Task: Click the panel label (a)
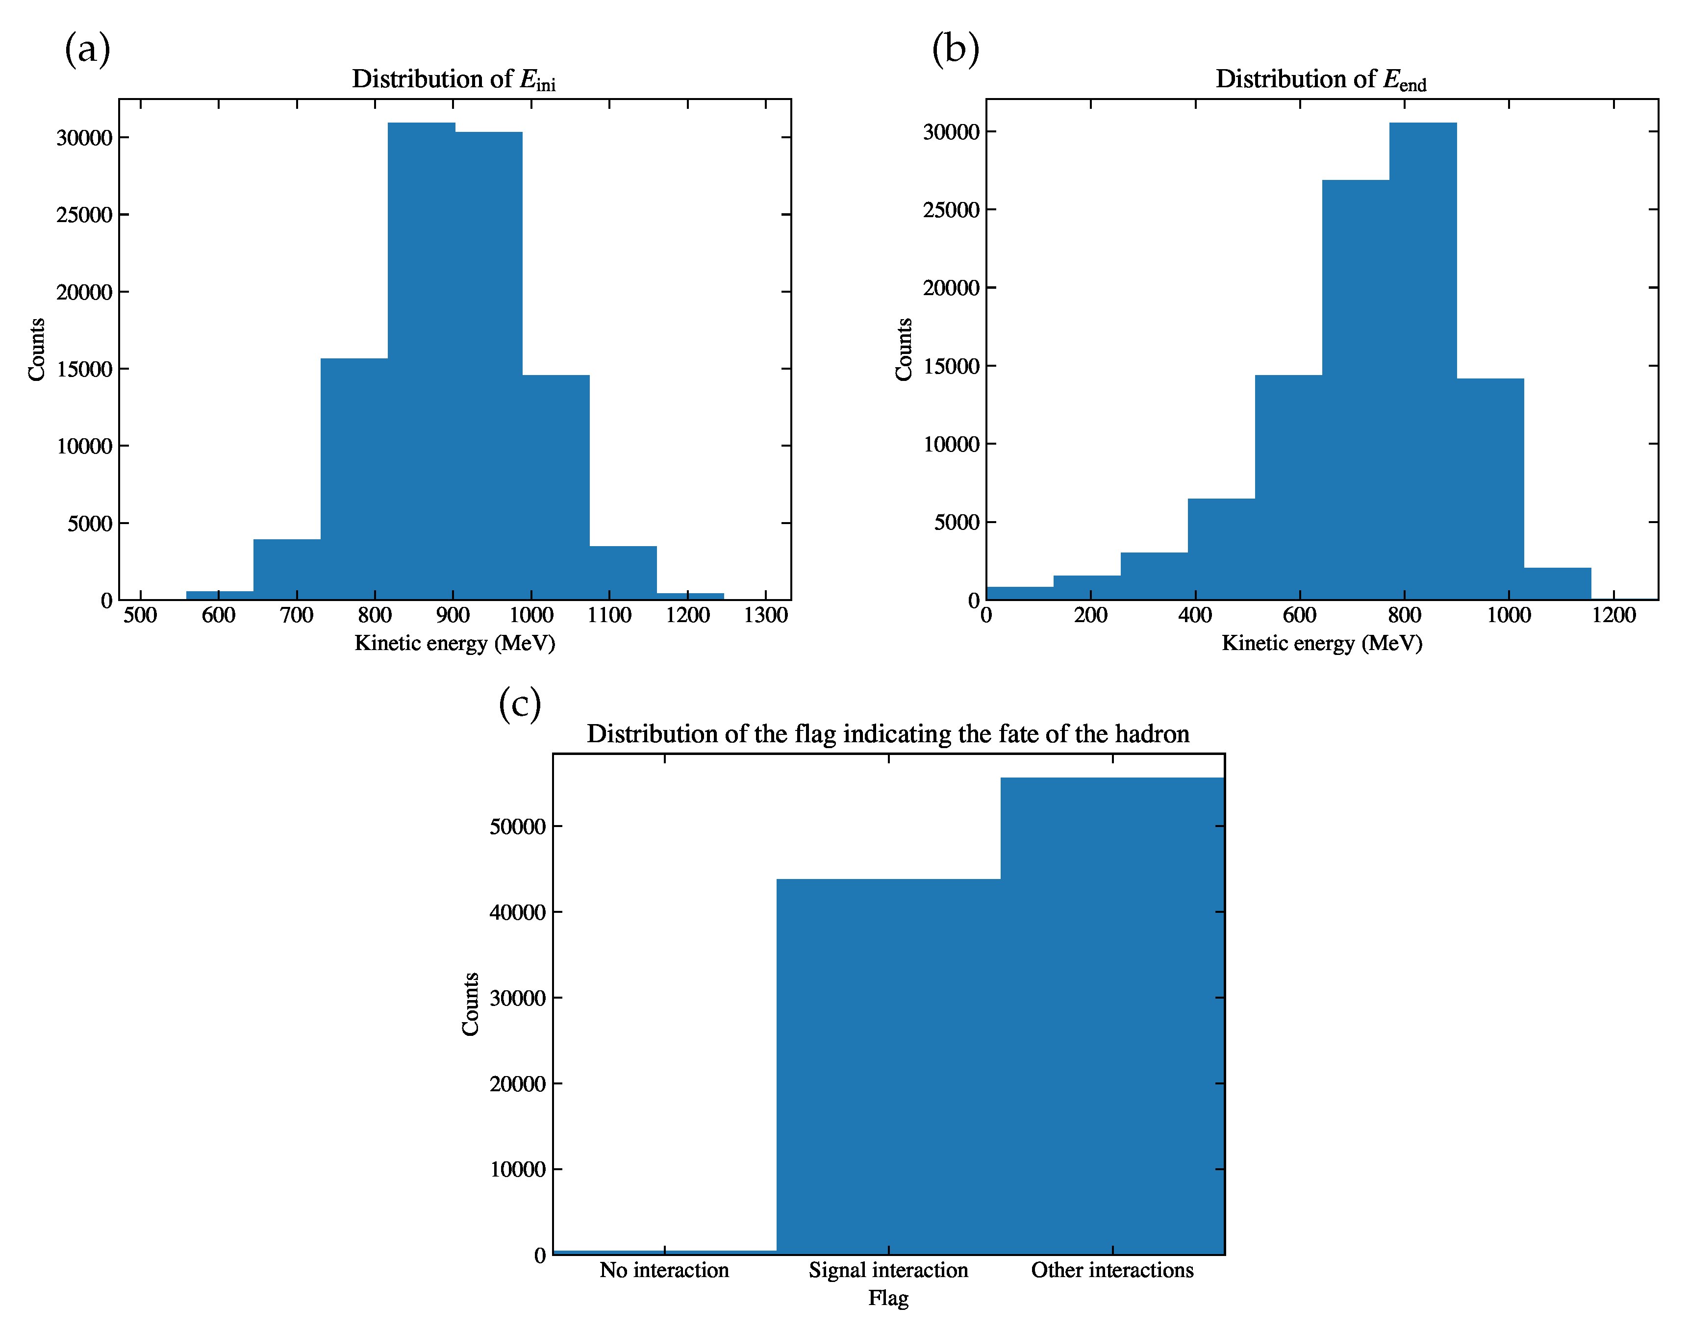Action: click(x=87, y=49)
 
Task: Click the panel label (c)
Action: click(x=519, y=703)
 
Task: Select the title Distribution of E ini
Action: click(x=453, y=79)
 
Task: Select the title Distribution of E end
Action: click(x=1320, y=79)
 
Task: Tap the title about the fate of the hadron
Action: click(x=888, y=734)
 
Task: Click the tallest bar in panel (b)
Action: click(x=1422, y=358)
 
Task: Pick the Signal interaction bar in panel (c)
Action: click(x=888, y=1068)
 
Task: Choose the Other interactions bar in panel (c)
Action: click(x=1112, y=1013)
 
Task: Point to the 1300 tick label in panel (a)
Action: click(x=765, y=616)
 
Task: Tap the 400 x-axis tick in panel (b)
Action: click(x=1195, y=616)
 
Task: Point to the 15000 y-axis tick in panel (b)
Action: click(x=951, y=366)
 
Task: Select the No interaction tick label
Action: click(x=664, y=1270)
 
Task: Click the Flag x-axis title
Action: click(x=888, y=1298)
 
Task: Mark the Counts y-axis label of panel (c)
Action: click(x=470, y=1005)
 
